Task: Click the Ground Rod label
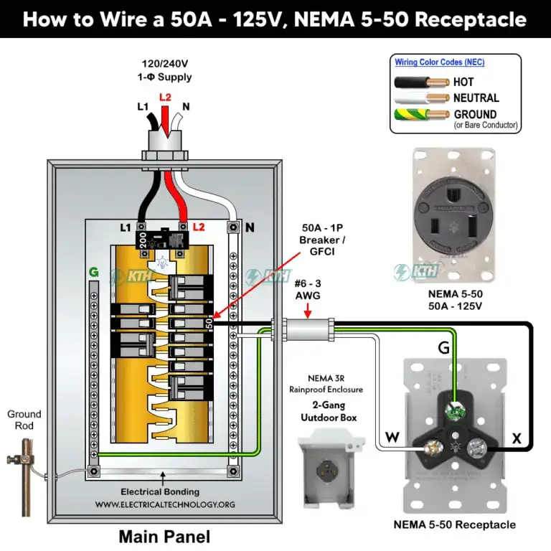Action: point(24,420)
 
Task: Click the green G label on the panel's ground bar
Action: point(93,273)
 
